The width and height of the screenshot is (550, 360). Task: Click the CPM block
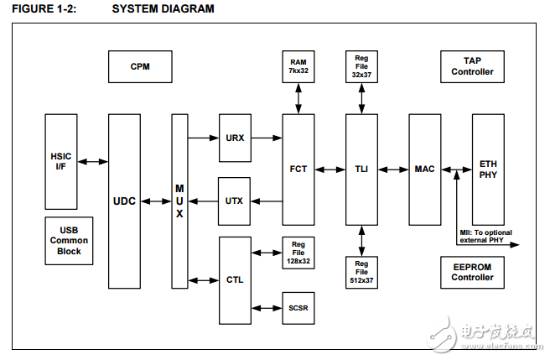(x=140, y=66)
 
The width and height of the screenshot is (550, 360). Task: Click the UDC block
(x=124, y=201)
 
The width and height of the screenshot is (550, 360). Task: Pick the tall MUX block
(x=179, y=201)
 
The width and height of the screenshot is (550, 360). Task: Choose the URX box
(x=235, y=138)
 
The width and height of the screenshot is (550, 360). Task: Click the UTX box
(x=235, y=201)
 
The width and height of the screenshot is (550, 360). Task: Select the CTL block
(x=235, y=279)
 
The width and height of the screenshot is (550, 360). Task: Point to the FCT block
(x=298, y=169)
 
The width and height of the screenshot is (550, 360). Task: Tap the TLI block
(x=361, y=169)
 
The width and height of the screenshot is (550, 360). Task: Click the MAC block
(x=424, y=169)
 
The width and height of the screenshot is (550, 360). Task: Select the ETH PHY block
(x=488, y=169)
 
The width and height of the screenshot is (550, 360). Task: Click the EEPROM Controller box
(x=473, y=272)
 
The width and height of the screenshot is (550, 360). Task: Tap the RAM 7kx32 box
(x=298, y=66)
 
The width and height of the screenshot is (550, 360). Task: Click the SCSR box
(x=298, y=308)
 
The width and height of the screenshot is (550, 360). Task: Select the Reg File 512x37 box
(x=361, y=272)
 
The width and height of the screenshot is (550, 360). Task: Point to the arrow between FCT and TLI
(x=330, y=169)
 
